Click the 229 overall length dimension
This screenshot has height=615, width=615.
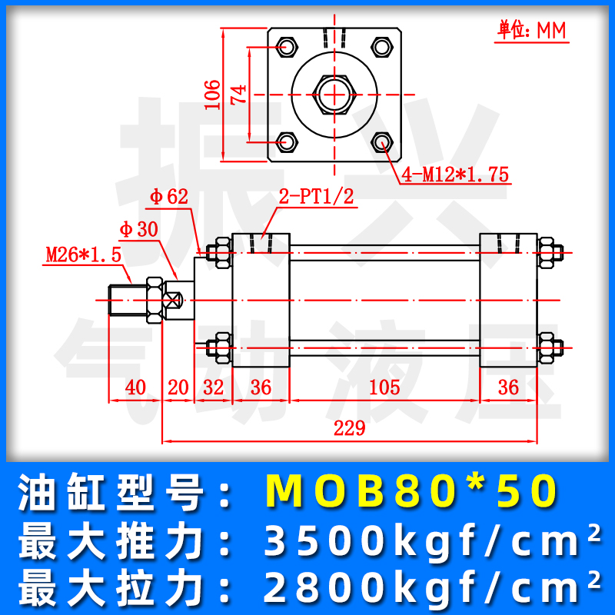[349, 429]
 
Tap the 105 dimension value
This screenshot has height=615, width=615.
[384, 387]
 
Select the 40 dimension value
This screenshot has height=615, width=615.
[135, 387]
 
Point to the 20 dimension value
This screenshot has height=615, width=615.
[178, 387]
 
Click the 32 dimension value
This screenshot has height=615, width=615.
[214, 387]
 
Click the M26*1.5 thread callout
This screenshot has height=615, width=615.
[83, 254]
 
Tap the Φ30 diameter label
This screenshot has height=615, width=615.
[138, 229]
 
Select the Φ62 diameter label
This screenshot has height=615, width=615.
[169, 198]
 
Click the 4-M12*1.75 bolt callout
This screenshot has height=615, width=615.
[454, 175]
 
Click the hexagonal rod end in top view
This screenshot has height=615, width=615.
[334, 95]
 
